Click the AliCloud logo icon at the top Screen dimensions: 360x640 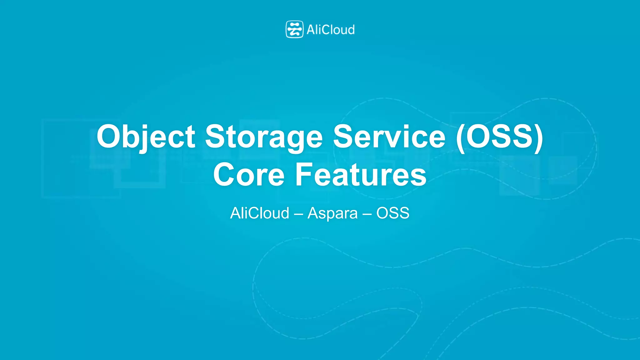pyautogui.click(x=294, y=29)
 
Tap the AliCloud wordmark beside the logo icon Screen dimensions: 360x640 pyautogui.click(x=331, y=30)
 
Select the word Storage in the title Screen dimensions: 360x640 pyautogui.click(x=264, y=137)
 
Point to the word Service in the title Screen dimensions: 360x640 pyautogui.click(x=389, y=137)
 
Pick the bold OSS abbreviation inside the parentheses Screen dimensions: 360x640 pyautogui.click(x=499, y=137)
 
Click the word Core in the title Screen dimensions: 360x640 pyautogui.click(x=249, y=175)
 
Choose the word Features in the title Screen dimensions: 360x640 pyautogui.click(x=361, y=175)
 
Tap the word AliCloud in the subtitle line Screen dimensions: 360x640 pyautogui.click(x=260, y=213)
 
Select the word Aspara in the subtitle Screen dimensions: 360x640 pyautogui.click(x=332, y=213)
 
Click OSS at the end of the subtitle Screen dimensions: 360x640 pyautogui.click(x=393, y=213)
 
